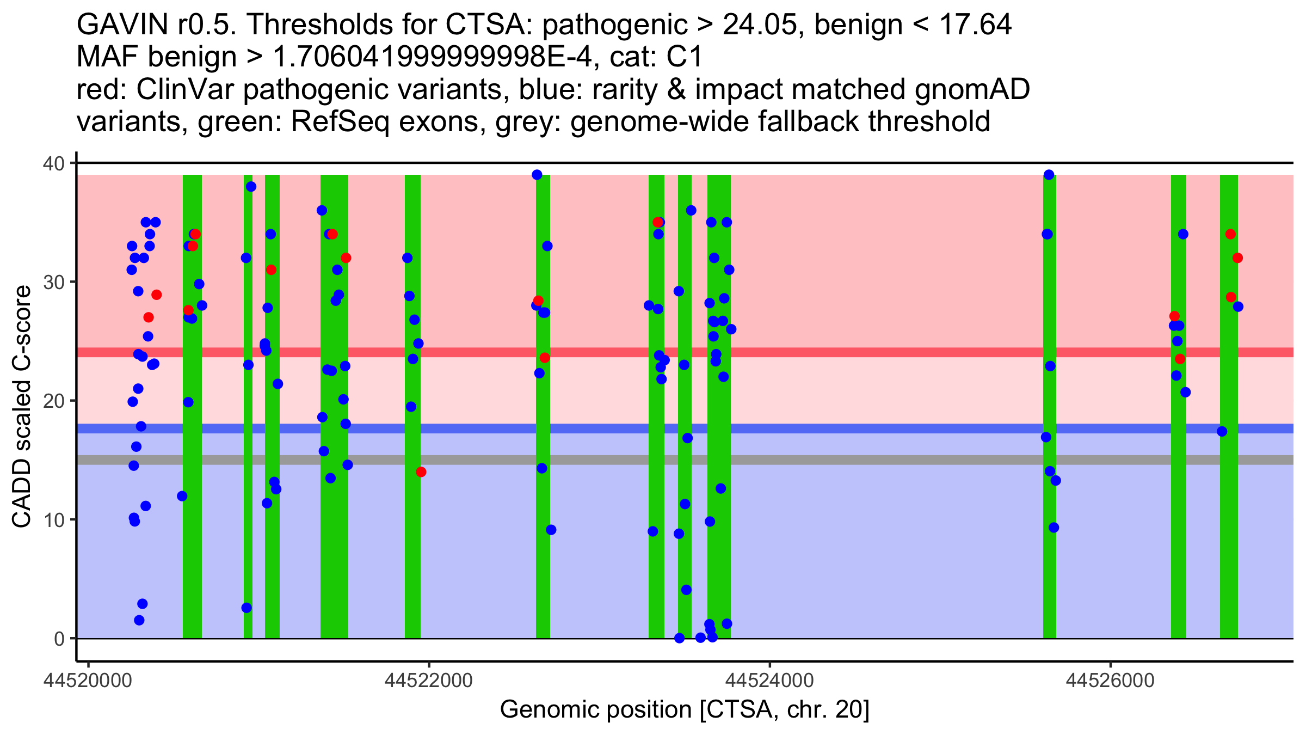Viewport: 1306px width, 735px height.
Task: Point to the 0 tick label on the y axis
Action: [60, 639]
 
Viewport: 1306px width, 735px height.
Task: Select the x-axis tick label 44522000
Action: [429, 681]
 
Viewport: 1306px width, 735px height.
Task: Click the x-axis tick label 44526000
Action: [1110, 681]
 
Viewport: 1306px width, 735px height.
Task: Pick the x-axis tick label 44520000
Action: [89, 681]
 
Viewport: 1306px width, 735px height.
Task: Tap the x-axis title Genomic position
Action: [685, 710]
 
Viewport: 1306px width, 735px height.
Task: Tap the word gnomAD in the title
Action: [972, 89]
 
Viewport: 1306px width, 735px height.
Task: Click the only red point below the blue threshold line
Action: [421, 472]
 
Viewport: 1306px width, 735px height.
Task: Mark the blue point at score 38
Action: [251, 187]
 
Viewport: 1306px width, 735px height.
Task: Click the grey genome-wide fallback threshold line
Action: [544, 460]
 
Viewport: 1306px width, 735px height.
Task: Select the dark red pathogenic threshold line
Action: [544, 352]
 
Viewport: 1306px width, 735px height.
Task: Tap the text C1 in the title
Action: [685, 57]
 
